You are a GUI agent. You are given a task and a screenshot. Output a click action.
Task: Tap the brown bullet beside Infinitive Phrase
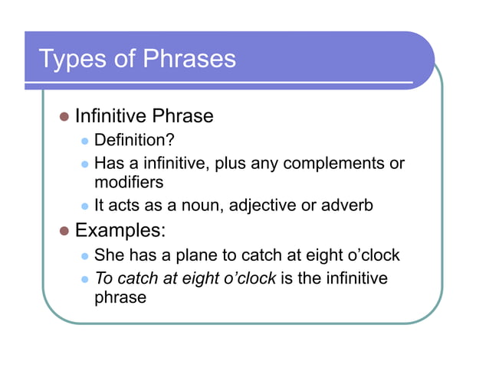pyautogui.click(x=64, y=117)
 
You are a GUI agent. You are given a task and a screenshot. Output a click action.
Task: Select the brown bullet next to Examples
pyautogui.click(x=64, y=229)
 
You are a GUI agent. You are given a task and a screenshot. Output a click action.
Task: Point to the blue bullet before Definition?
pyautogui.click(x=85, y=141)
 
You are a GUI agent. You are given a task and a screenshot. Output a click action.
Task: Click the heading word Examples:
pyautogui.click(x=120, y=229)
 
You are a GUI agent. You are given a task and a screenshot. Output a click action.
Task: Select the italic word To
pyautogui.click(x=103, y=278)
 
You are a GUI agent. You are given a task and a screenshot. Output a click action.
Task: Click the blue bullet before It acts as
pyautogui.click(x=85, y=205)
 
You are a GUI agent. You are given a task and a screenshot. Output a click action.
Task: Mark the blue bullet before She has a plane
pyautogui.click(x=85, y=255)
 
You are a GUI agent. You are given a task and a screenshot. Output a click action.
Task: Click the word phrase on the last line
pyautogui.click(x=120, y=297)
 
